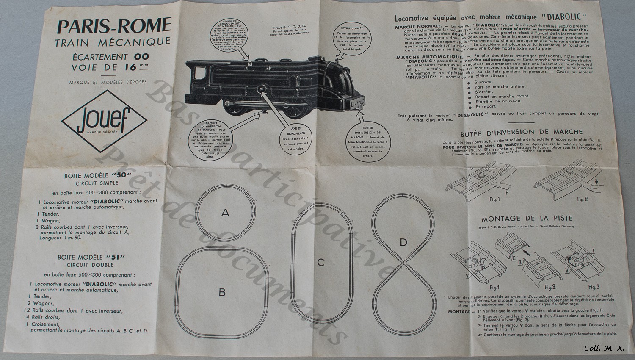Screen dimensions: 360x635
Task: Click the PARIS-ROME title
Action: point(114,26)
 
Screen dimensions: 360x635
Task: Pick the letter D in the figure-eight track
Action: point(403,242)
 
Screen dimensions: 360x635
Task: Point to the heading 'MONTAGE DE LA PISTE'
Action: point(527,219)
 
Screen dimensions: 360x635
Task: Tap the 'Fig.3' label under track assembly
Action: point(594,287)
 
